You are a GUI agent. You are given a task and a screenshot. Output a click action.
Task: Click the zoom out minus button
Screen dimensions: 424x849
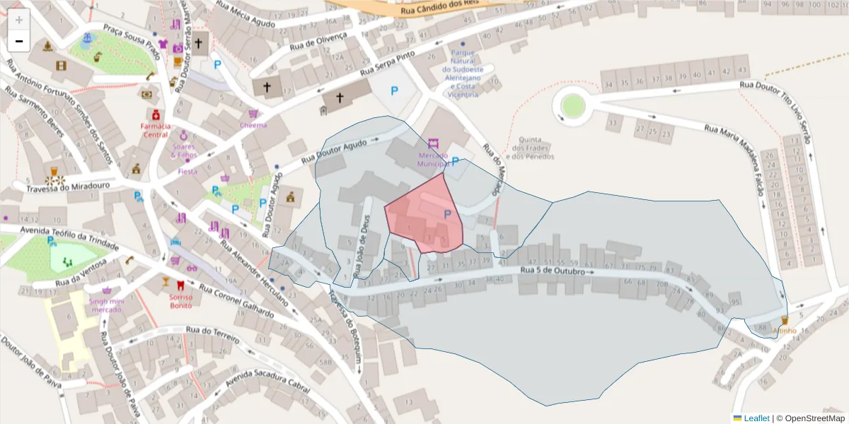point(19,42)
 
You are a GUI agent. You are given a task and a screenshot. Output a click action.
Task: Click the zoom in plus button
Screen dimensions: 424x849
point(19,19)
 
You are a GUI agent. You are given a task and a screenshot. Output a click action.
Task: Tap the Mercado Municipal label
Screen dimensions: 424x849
point(434,159)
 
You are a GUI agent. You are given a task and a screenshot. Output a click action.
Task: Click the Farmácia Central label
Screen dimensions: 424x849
point(154,130)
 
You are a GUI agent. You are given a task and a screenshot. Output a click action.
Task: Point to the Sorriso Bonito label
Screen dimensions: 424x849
point(181,301)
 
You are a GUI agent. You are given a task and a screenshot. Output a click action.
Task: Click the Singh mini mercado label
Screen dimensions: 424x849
point(107,305)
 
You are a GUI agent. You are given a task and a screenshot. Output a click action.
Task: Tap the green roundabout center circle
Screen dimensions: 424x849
point(573,106)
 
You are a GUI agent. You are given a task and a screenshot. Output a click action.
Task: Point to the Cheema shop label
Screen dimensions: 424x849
point(253,125)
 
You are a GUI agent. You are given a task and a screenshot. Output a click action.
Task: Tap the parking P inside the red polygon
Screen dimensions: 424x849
point(447,214)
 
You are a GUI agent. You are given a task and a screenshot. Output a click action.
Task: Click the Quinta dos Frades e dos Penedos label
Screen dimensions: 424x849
point(535,148)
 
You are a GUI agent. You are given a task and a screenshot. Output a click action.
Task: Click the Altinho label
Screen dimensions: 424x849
point(784,331)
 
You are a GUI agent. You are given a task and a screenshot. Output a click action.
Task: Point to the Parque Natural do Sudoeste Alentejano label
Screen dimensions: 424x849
point(463,73)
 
